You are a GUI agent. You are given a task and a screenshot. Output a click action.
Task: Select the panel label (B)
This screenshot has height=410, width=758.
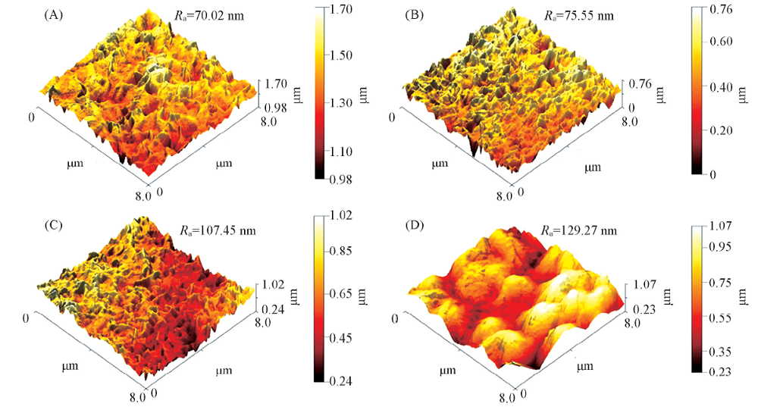click(416, 14)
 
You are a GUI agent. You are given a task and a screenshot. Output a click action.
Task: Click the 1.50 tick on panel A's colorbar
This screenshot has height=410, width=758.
click(351, 55)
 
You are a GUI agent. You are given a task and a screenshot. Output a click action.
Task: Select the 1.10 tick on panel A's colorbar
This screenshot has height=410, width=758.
click(351, 152)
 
